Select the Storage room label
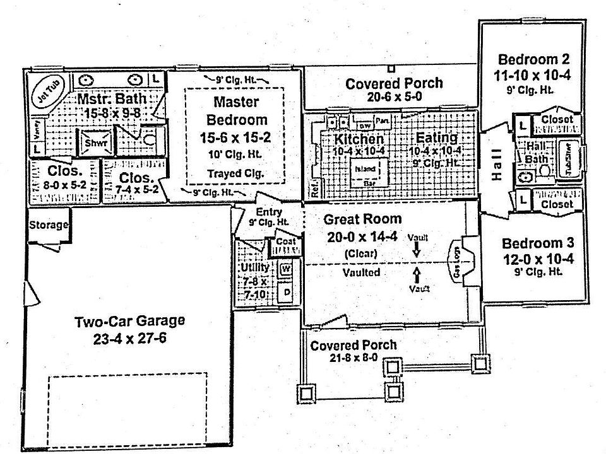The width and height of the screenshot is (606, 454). [48, 225]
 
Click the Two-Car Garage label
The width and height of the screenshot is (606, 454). [130, 321]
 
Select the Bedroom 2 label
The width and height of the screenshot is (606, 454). [534, 61]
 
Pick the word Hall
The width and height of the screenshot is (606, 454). [497, 165]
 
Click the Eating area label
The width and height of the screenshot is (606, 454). [436, 138]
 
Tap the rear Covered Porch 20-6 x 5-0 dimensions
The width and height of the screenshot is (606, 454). [394, 97]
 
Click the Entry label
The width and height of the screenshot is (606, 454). [269, 212]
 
